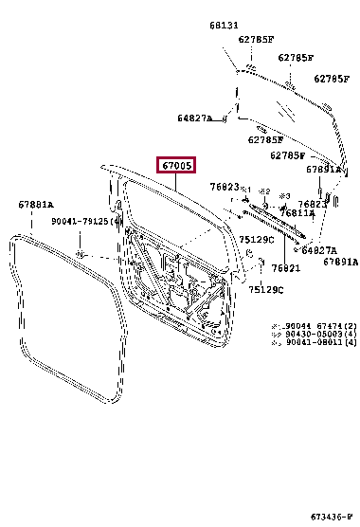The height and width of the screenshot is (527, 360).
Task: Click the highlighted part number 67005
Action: click(177, 166)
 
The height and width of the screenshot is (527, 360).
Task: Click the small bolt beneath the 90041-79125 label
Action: click(81, 254)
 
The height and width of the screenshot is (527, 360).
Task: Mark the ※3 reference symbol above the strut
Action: click(284, 194)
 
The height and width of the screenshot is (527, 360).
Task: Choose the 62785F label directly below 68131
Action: click(256, 40)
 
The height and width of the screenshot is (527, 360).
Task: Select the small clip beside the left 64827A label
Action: click(225, 118)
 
